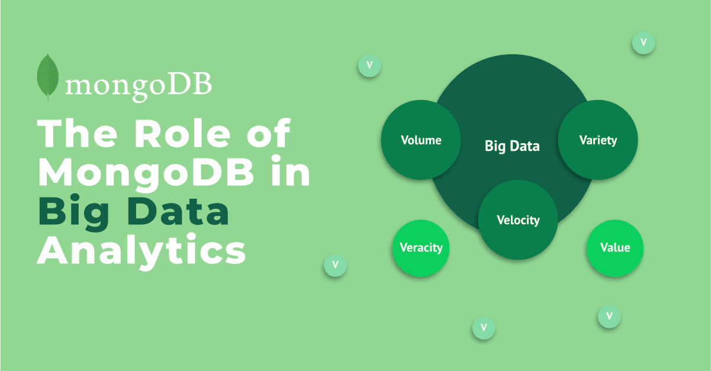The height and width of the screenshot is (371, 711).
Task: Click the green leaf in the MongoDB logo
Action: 47,77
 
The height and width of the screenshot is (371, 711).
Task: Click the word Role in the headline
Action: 182,134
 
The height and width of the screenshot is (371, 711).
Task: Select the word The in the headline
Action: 78,134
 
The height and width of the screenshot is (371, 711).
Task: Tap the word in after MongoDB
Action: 291,171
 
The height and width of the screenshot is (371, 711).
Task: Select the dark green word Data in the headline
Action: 178,211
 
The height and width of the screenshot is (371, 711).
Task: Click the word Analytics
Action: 141,251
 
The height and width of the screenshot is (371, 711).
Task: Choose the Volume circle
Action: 421,140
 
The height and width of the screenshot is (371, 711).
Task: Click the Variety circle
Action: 598,140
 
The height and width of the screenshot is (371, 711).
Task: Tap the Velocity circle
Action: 518,220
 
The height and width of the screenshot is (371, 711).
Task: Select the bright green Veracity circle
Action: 421,248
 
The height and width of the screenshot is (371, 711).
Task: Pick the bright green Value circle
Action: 615,248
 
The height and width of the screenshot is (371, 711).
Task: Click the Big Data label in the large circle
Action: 512,146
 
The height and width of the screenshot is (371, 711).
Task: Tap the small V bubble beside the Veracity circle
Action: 335,265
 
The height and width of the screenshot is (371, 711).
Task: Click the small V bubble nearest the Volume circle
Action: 369,66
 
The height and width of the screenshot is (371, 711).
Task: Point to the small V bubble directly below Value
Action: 609,317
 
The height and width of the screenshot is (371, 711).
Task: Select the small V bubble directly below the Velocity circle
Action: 484,328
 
